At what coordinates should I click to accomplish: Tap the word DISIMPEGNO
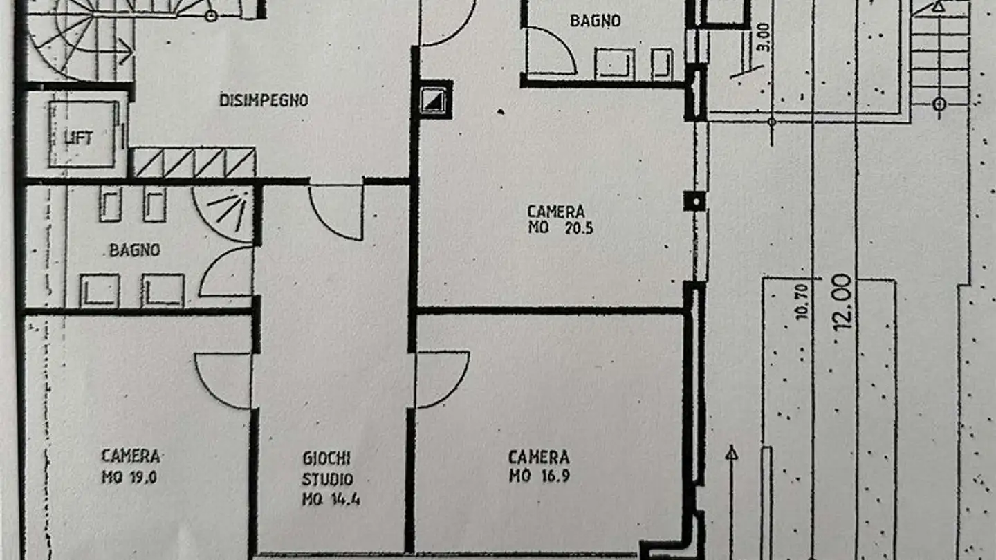tap(264, 101)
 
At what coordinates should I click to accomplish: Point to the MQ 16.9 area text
tap(539, 476)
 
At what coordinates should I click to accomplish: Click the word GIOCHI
tap(326, 458)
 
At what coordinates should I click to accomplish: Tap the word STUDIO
tap(327, 478)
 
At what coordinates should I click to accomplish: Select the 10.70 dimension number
tap(802, 302)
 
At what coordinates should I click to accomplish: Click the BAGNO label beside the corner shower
tap(134, 250)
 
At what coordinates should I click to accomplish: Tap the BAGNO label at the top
tap(595, 21)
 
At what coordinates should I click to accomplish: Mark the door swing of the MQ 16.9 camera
tap(439, 377)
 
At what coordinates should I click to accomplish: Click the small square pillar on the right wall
tap(694, 201)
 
